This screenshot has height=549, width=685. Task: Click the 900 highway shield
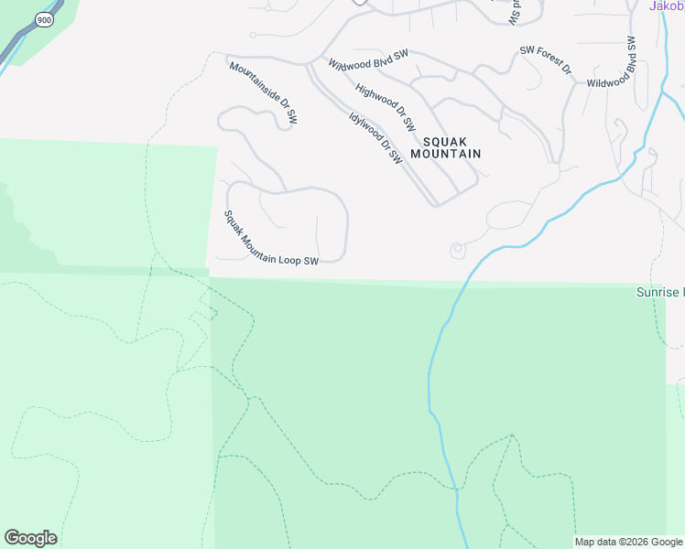point(43,18)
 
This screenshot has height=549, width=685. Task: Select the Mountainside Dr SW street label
point(263,93)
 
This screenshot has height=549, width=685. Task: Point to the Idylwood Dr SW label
point(375,137)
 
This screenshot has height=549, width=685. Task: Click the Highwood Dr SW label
point(386,107)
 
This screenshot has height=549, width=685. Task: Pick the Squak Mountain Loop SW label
point(271,239)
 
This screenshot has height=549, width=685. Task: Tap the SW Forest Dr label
point(545,60)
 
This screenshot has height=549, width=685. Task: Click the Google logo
point(30,537)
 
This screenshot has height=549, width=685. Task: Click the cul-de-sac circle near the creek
point(457,250)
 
